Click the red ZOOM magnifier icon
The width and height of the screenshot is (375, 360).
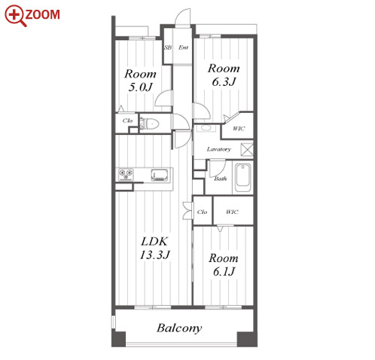click(x=16, y=16)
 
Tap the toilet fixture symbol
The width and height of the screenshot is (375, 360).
click(x=149, y=124)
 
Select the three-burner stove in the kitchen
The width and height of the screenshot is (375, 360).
click(x=126, y=175)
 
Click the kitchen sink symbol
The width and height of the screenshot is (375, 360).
click(x=160, y=175)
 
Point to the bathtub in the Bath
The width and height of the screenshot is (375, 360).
click(x=242, y=178)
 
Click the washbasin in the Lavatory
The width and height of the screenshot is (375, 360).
click(x=206, y=128)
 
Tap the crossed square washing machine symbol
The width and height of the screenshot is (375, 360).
click(x=246, y=149)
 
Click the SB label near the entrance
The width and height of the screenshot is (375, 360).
click(x=168, y=47)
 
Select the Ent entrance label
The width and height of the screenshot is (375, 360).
click(x=183, y=47)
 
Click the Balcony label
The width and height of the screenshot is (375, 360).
click(x=179, y=328)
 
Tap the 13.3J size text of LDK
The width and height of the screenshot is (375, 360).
click(x=155, y=255)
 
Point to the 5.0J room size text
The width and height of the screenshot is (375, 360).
click(x=140, y=87)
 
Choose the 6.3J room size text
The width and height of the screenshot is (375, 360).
click(x=224, y=81)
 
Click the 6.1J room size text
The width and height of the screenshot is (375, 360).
click(x=224, y=271)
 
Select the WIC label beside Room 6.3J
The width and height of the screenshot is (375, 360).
click(x=239, y=129)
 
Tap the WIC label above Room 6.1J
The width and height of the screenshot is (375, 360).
click(x=232, y=212)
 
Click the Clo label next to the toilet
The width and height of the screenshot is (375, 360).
click(x=127, y=121)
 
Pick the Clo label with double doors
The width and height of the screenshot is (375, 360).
click(x=202, y=212)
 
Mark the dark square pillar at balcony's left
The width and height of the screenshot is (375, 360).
click(x=118, y=339)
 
